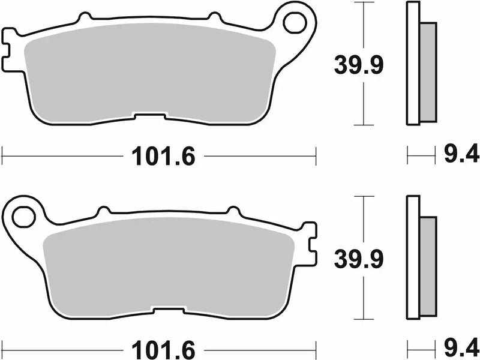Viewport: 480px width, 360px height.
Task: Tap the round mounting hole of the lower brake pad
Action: coord(23,217)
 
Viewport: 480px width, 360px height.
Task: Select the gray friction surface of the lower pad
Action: coord(168,267)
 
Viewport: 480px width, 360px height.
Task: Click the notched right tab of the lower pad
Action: coord(310,242)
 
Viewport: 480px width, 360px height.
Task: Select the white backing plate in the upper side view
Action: coord(413,64)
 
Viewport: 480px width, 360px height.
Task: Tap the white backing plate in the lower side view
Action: coord(413,258)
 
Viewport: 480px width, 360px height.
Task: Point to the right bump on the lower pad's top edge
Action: coord(232,211)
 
